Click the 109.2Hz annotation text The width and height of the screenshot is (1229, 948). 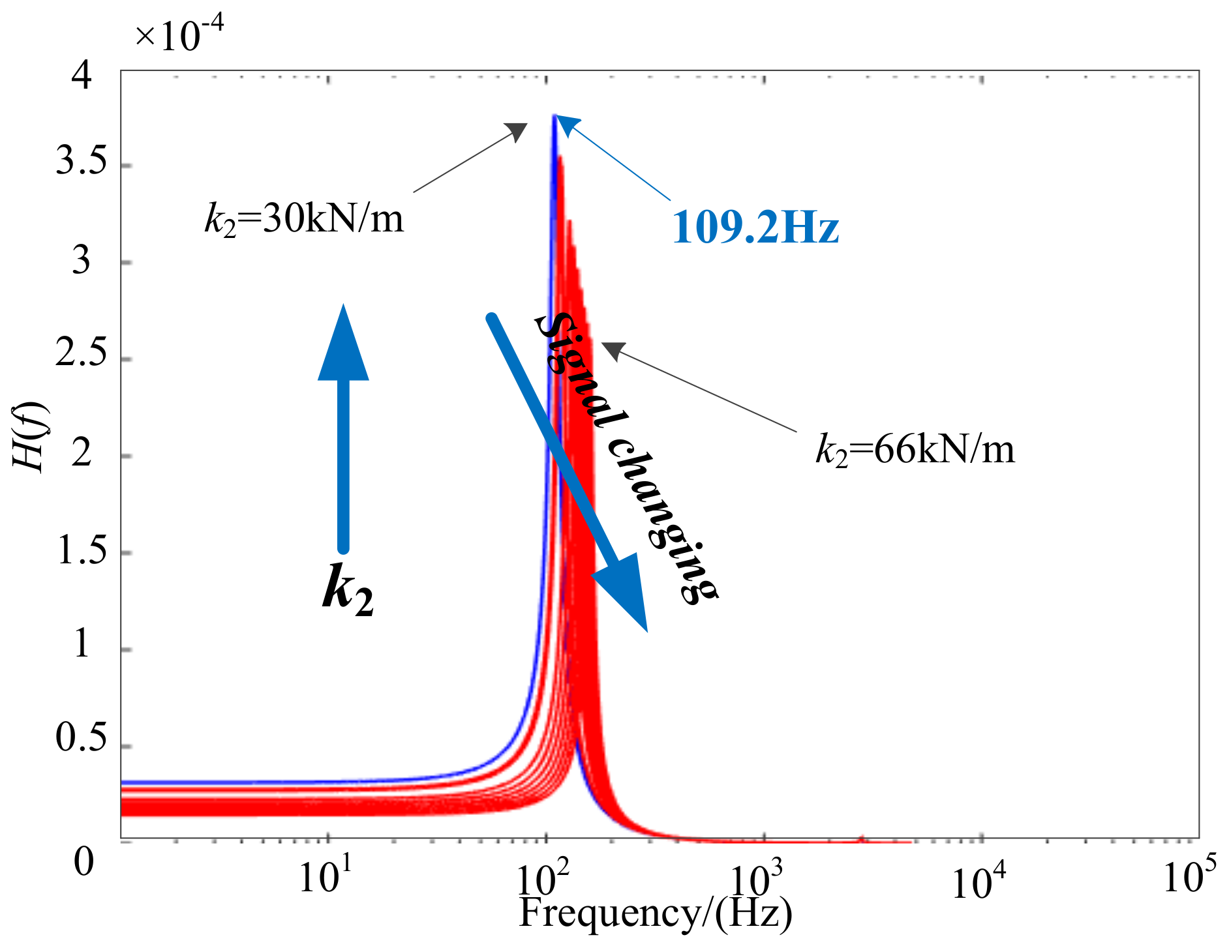(755, 228)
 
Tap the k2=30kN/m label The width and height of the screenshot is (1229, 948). (304, 218)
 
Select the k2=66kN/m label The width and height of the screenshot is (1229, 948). (915, 449)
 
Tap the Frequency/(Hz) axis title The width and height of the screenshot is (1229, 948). (655, 912)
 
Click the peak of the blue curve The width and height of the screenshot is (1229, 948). (553, 117)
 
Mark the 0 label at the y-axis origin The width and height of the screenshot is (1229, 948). (83, 862)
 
